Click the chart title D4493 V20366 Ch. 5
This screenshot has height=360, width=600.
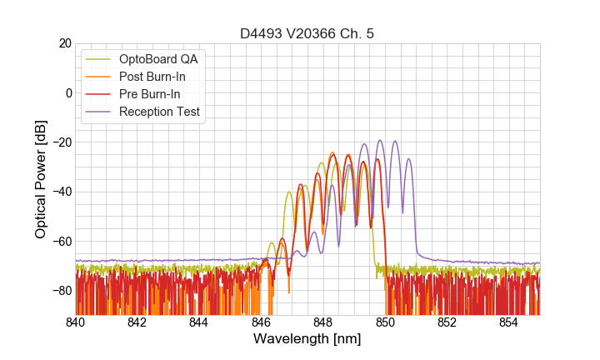tap(307, 34)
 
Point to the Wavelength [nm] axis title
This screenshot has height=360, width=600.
tap(307, 339)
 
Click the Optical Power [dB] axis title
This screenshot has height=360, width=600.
tap(41, 178)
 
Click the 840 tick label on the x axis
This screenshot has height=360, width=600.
tap(76, 322)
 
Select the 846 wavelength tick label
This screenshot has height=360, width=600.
tap(261, 322)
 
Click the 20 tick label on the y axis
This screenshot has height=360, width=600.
tap(64, 43)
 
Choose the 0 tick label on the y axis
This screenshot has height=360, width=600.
tap(68, 92)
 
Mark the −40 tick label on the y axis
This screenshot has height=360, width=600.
tap(61, 192)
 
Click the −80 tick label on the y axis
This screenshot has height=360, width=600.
tap(61, 291)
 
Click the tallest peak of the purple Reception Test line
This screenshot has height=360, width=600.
tap(380, 140)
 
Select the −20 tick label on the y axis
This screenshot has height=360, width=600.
tap(61, 142)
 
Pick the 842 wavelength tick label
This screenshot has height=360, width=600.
tap(137, 322)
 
